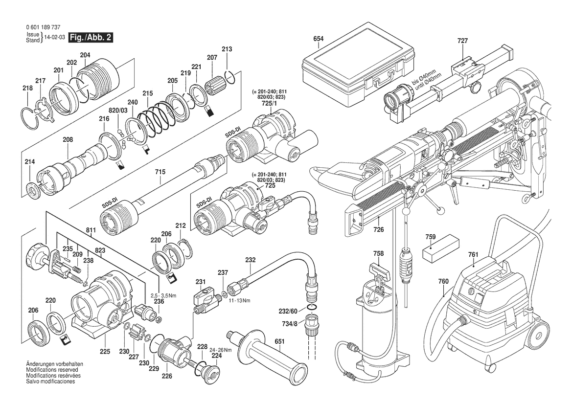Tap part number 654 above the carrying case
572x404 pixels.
(319, 38)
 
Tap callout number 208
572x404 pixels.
(68, 140)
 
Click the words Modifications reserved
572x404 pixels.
(50, 370)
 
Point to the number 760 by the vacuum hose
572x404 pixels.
(443, 281)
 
